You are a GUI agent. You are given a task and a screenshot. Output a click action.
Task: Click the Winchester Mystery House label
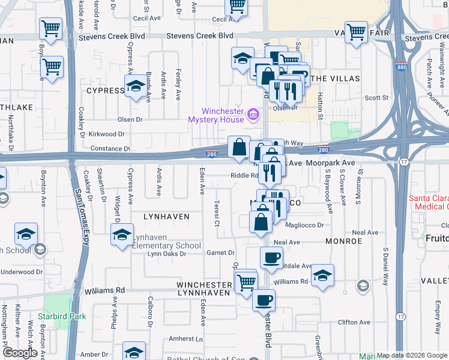222,115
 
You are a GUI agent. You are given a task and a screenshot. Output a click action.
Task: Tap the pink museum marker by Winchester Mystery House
253,112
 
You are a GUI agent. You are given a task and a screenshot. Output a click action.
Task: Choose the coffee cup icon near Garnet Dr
271,257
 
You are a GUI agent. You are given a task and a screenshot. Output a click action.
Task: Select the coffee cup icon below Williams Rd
263,300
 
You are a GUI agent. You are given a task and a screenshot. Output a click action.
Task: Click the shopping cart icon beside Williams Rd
246,281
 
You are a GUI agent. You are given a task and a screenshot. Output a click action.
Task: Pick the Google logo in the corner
20,353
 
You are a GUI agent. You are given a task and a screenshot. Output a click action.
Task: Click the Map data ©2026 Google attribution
412,355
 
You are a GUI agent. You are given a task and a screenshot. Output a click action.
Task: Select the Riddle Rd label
244,176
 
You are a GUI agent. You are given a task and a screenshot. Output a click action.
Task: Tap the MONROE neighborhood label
344,241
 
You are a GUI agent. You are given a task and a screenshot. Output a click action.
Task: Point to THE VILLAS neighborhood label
336,79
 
